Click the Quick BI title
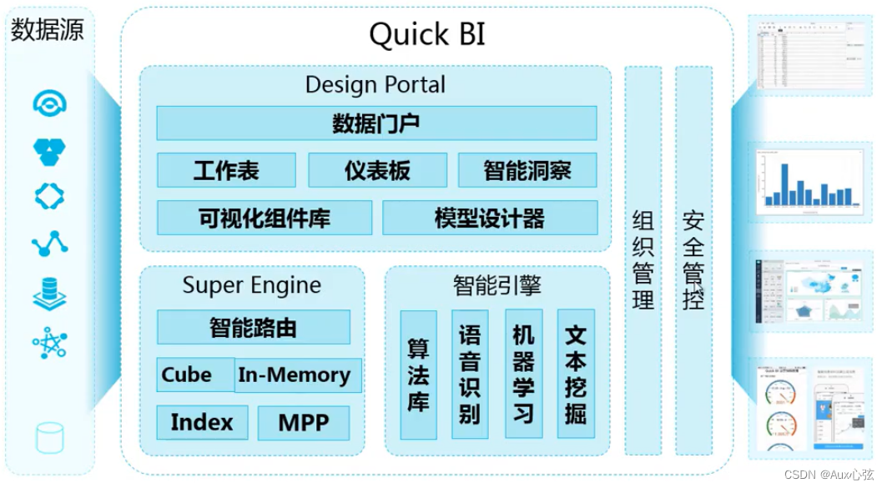click(x=426, y=35)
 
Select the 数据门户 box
click(x=376, y=123)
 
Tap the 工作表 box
click(x=226, y=170)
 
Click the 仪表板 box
click(x=377, y=170)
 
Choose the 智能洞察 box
click(x=527, y=170)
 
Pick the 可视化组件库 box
click(x=265, y=219)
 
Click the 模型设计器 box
click(x=490, y=219)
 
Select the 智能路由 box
click(x=253, y=327)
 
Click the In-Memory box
click(x=295, y=375)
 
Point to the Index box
click(x=202, y=422)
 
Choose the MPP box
click(x=304, y=423)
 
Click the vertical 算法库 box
click(x=418, y=375)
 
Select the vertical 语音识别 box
click(x=470, y=375)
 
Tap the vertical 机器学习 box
click(x=523, y=375)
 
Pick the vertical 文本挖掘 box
click(x=576, y=375)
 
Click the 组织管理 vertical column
click(x=643, y=260)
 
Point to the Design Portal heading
click(x=375, y=85)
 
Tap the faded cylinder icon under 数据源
click(x=49, y=438)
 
